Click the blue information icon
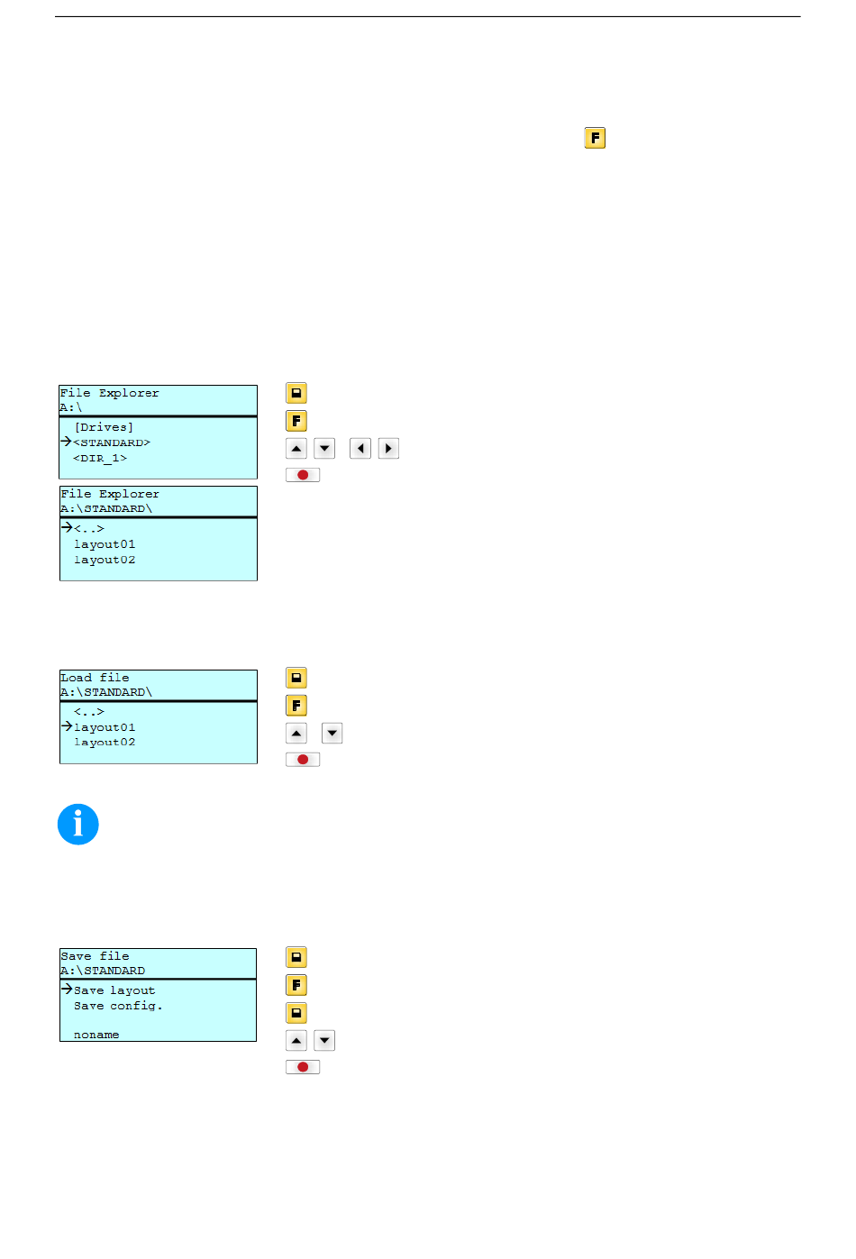pos(78,824)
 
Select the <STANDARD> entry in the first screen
pos(112,442)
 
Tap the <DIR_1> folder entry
pos(100,458)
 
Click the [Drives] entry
pos(104,427)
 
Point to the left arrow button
pos(360,449)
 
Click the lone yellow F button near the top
pos(595,138)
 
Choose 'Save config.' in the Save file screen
pos(118,1006)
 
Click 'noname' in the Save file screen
pos(96,1035)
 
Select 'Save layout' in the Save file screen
pos(114,990)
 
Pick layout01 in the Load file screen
pos(105,727)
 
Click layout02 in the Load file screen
pos(105,743)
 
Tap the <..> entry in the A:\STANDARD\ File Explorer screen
pos(89,528)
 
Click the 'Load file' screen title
pos(95,678)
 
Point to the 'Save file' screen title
pos(95,956)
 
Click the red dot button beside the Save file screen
pos(303,1067)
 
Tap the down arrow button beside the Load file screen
pos(332,733)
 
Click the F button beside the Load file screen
pos(296,706)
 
